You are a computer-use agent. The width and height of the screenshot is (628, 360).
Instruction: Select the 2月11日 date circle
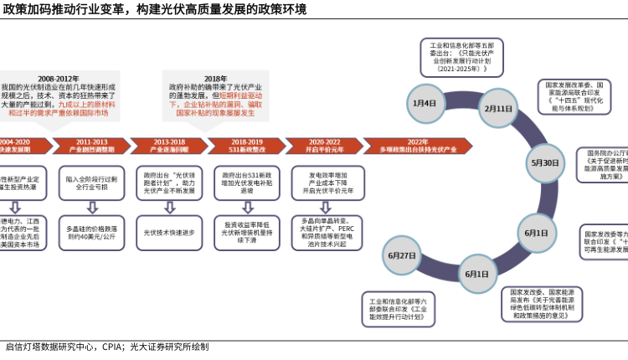tap(497, 108)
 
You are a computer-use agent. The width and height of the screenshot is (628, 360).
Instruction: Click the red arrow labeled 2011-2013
tap(91, 146)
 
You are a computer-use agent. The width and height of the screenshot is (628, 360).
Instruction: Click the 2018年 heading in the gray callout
tap(215, 77)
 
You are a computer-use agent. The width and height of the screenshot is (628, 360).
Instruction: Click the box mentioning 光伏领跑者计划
tap(168, 183)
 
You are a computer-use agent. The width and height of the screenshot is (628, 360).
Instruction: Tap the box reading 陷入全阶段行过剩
tap(91, 183)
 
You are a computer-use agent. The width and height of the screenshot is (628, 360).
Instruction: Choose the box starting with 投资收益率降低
tap(245, 231)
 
